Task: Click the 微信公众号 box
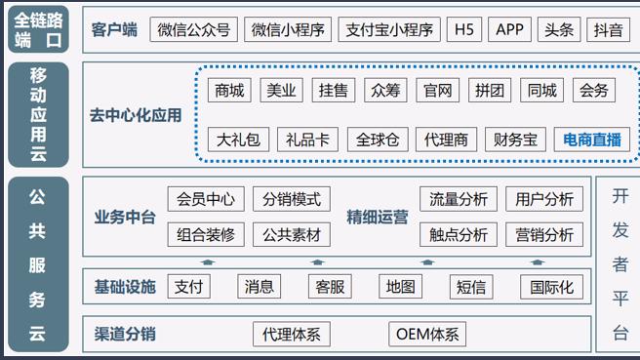pos(195,29)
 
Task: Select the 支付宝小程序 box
pos(390,29)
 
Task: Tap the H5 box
pos(463,29)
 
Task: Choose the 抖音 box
pos(609,29)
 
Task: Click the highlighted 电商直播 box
pos(592,140)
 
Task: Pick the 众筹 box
pos(385,91)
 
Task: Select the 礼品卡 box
pos(307,140)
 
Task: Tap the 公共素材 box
pos(292,234)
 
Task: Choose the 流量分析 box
pos(459,199)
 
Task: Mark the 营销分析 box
pos(544,234)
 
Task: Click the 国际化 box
pos(552,287)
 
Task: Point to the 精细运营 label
pos(378,217)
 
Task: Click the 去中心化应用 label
pos(136,115)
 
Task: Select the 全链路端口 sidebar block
pos(38,29)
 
